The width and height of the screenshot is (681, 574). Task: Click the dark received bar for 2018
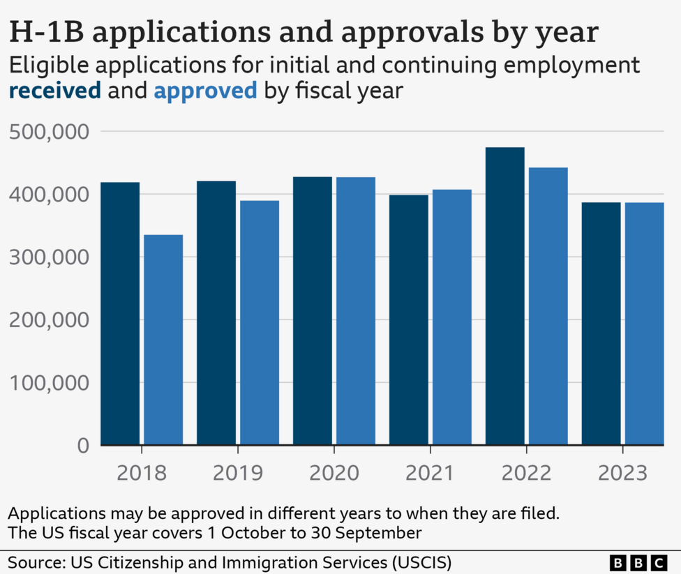120,314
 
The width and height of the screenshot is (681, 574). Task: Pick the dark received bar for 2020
313,311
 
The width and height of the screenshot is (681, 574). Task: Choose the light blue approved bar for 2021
451,317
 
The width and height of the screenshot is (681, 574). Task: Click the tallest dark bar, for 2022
505,296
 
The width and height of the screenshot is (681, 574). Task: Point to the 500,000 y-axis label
50,132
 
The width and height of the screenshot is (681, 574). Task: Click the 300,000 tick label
50,257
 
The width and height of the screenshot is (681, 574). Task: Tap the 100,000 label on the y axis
50,383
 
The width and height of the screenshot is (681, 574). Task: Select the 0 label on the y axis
82,446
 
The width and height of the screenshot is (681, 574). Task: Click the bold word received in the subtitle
54,91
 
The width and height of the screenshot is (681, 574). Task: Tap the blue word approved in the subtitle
205,91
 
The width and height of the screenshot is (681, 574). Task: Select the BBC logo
638,561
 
